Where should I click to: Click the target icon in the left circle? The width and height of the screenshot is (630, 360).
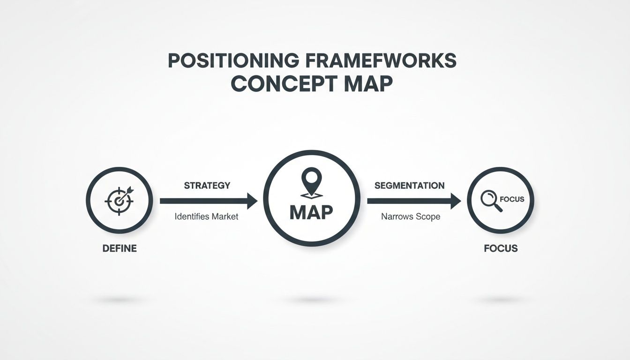[x=119, y=200]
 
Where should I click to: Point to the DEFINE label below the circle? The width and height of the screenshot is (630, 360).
[x=120, y=248]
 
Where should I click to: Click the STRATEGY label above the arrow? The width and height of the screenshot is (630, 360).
[x=207, y=185]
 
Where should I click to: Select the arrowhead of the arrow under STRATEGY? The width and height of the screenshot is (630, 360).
[x=252, y=201]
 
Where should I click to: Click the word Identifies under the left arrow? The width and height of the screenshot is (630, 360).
[x=192, y=217]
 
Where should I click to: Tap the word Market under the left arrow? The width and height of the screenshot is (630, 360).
[x=225, y=217]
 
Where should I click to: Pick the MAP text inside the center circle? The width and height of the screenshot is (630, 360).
[x=311, y=212]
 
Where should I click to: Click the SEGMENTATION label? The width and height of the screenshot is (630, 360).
[x=410, y=186]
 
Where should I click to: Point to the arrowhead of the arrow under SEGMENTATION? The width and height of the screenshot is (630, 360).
[x=456, y=201]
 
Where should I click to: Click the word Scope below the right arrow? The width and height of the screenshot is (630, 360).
[x=427, y=217]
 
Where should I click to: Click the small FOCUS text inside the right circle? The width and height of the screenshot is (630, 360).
[x=512, y=199]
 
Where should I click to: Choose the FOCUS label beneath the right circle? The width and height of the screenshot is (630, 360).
[x=501, y=248]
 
